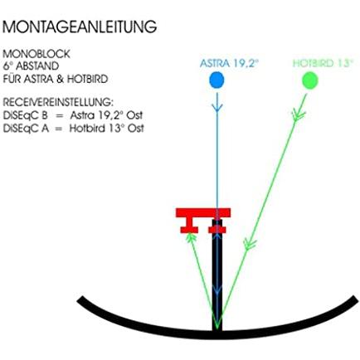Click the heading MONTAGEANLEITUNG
[x=80, y=27]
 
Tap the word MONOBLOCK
[x=36, y=54]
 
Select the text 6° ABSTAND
[x=31, y=66]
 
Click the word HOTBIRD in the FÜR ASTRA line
[x=87, y=80]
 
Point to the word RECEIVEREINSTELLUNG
[x=58, y=102]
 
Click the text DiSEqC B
[x=25, y=115]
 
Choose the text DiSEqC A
[x=26, y=129]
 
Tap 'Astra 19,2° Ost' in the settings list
[x=106, y=115]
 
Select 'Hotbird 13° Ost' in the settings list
[x=106, y=129]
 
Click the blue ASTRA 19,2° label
[x=229, y=63]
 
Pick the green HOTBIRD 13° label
[x=324, y=63]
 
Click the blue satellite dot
[x=216, y=80]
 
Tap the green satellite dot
[x=309, y=80]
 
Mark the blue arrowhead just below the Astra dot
[x=217, y=108]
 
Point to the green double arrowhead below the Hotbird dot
[x=298, y=114]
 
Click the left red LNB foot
[x=189, y=230]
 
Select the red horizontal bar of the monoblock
[x=203, y=212]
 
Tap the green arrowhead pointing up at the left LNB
[x=191, y=236]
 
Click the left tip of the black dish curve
[x=79, y=300]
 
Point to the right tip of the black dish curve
[x=356, y=299]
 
